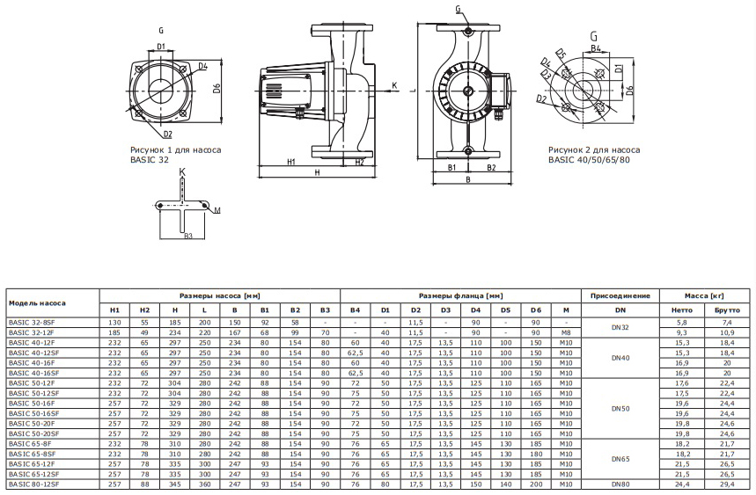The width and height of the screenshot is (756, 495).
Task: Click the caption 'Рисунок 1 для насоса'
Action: coord(175,150)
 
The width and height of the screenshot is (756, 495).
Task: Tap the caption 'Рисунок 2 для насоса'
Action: coord(593,150)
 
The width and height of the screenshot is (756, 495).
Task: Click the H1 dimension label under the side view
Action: coord(291,163)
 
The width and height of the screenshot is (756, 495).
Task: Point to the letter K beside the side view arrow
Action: coord(394,85)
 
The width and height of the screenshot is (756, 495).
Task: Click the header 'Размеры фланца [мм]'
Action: coord(460,295)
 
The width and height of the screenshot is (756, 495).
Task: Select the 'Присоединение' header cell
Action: coord(620,295)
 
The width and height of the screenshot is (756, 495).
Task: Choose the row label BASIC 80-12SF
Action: coord(31,484)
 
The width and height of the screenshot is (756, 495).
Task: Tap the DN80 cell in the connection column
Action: coord(620,484)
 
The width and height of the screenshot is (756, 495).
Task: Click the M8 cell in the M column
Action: coord(566,333)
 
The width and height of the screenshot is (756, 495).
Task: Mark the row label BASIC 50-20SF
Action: coord(31,433)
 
